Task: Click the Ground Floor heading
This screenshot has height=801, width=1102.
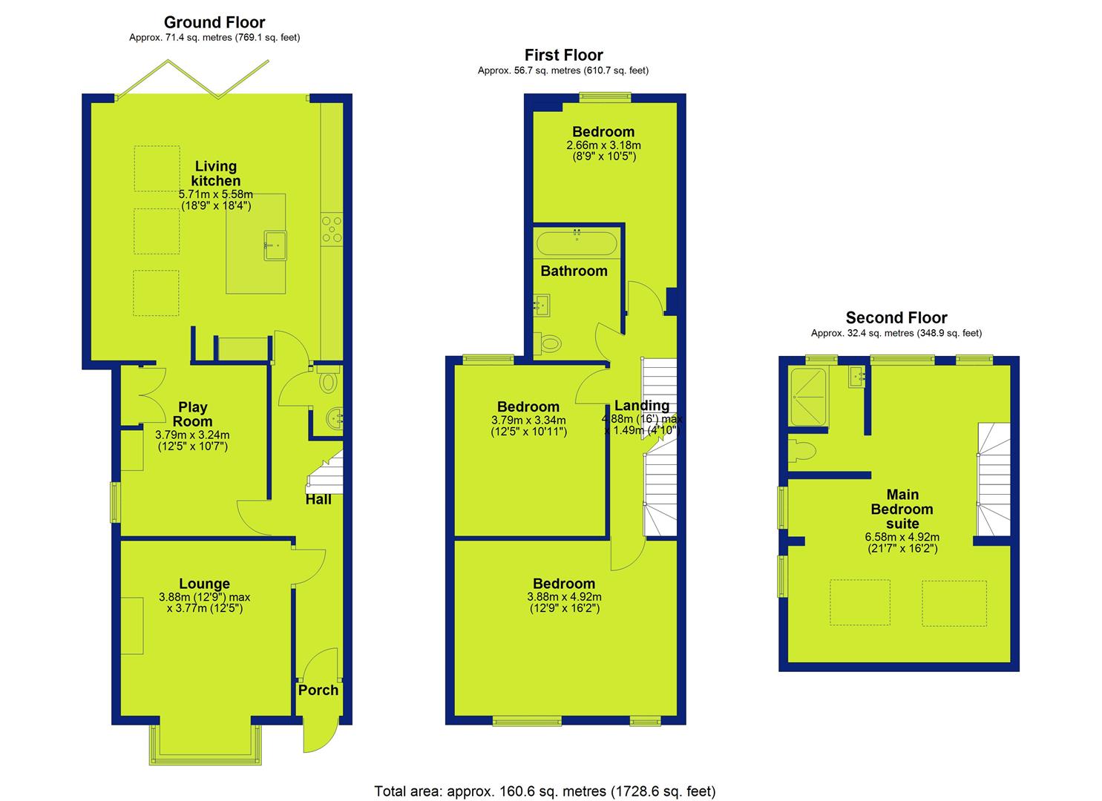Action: (214, 22)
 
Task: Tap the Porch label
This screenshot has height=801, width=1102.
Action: (318, 690)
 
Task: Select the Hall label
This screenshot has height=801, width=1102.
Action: (318, 500)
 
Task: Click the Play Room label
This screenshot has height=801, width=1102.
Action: (193, 414)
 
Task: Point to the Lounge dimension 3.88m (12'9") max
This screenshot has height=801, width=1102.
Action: (204, 597)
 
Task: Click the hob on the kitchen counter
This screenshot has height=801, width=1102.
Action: (332, 229)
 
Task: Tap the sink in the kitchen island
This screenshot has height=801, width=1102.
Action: (275, 245)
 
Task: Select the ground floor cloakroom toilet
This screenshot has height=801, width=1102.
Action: (328, 380)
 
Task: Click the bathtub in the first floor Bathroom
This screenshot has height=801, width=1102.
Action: (576, 243)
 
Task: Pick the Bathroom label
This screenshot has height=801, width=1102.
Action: (574, 271)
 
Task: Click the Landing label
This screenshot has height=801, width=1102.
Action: (641, 406)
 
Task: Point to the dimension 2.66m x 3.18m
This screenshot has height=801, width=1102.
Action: (603, 145)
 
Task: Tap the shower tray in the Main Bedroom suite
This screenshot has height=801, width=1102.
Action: (808, 398)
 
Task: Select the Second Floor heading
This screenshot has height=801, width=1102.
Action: (896, 317)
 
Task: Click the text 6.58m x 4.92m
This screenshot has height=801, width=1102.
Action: (902, 538)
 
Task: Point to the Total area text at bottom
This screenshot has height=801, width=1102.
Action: (545, 791)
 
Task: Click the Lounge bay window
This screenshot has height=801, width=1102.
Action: (205, 745)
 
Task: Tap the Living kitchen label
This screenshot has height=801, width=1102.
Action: (215, 174)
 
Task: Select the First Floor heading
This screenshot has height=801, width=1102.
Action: (563, 55)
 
